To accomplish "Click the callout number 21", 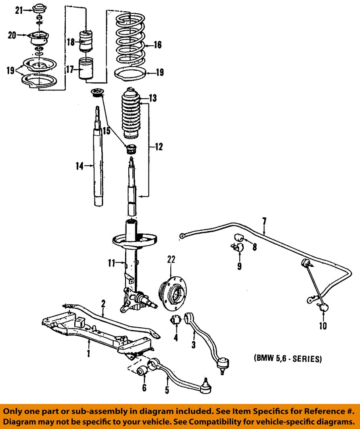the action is tap(19, 11).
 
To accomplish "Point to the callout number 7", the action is tap(264, 221).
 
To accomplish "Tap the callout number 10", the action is tap(323, 326).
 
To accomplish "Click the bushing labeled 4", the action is tap(176, 320).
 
